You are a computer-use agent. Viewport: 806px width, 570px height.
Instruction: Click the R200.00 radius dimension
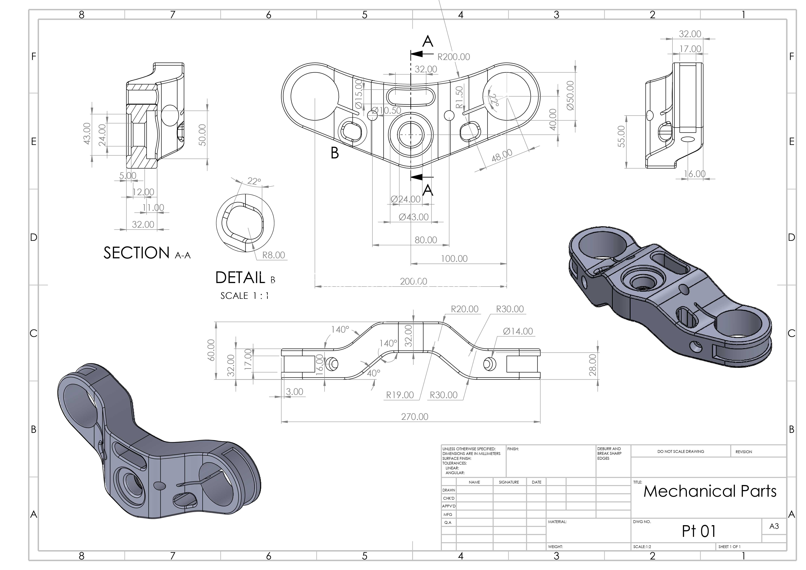[454, 57]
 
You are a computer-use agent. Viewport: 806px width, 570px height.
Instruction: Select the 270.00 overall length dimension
[415, 417]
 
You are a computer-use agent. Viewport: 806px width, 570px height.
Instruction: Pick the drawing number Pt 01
[699, 531]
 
